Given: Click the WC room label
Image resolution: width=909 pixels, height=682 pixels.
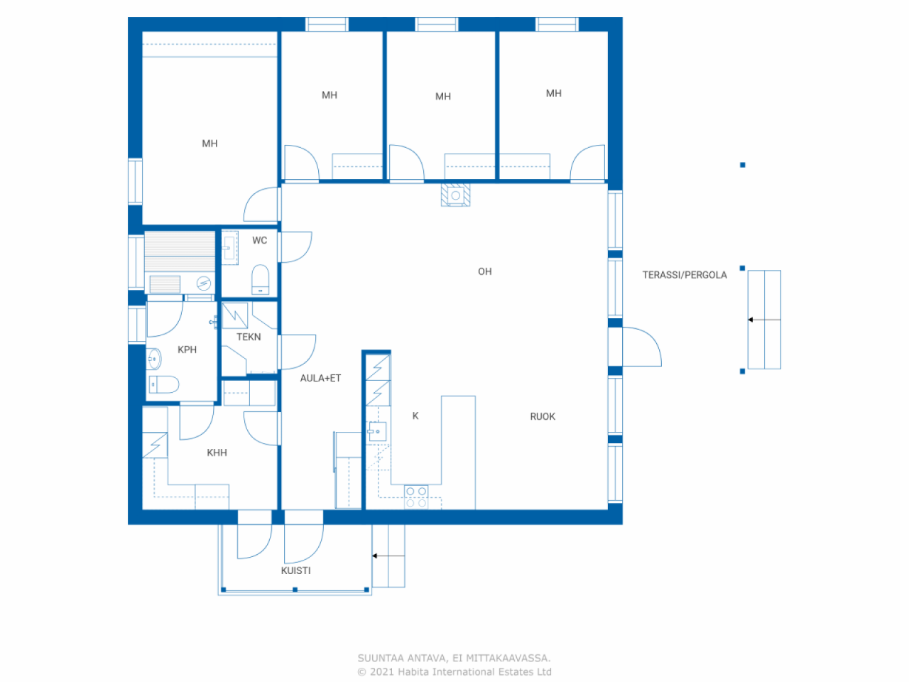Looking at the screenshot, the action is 259,240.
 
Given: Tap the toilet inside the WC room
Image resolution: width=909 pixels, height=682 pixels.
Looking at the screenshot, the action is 260,279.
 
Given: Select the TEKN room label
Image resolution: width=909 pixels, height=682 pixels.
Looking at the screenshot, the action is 249,337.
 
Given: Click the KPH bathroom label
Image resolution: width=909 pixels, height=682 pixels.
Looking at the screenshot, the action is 187,350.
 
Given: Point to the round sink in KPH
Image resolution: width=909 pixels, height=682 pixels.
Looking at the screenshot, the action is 154,359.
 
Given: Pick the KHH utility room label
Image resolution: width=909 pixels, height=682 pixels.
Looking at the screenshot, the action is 217,453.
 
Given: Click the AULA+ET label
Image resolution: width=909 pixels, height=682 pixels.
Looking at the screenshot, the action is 320,378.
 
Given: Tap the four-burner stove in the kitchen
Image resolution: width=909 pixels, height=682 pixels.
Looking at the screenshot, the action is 416,497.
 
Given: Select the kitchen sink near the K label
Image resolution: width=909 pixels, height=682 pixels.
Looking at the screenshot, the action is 377,431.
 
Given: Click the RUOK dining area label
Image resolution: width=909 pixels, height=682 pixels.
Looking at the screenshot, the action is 543,416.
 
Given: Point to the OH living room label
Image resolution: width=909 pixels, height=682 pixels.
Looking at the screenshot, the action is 484,271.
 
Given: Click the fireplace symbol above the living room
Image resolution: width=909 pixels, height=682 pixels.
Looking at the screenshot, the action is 455,195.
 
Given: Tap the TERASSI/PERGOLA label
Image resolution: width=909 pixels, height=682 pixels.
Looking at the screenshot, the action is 685,275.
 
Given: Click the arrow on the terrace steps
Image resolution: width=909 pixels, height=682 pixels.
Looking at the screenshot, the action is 764,320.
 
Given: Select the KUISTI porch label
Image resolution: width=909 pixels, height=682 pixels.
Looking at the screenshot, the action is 295,570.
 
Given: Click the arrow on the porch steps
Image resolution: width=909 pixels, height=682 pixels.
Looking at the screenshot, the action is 388,556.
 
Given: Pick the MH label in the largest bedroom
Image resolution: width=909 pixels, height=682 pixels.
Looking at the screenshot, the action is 209,144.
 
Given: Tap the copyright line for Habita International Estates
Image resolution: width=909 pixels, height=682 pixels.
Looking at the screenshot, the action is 454,671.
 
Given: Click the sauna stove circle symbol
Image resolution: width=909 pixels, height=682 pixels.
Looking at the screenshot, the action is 203,283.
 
